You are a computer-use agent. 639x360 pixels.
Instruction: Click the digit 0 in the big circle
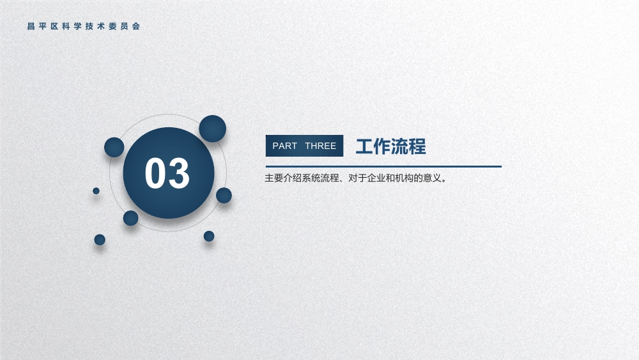[x=155, y=173]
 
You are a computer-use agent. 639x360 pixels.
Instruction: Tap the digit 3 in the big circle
[x=179, y=173]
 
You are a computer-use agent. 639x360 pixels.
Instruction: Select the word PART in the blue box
[x=284, y=146]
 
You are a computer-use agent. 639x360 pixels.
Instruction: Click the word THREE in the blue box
[x=321, y=146]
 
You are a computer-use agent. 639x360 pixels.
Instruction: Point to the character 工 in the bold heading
[x=364, y=146]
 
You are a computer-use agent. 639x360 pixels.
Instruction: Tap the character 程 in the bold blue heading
[x=417, y=146]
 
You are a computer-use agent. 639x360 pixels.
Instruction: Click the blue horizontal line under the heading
[x=383, y=166]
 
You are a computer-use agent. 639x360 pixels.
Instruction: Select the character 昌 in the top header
[x=31, y=26]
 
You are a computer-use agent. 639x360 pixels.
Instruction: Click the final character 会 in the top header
[x=136, y=26]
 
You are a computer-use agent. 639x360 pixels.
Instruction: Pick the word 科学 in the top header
[x=72, y=26]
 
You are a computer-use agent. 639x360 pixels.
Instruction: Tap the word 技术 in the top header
[x=95, y=26]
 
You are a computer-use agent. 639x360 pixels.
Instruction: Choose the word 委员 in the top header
[x=119, y=26]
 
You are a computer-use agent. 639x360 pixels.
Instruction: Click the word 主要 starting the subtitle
[x=274, y=178]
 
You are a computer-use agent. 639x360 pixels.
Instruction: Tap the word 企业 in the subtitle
[x=376, y=178]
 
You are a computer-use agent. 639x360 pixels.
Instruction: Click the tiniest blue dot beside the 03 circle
[x=96, y=191]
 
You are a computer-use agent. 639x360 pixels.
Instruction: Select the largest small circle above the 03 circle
[x=212, y=129]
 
